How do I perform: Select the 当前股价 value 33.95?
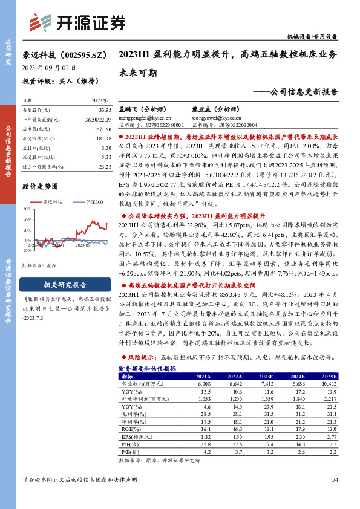104,110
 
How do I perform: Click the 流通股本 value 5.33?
105,157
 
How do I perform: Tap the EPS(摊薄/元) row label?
139,436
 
